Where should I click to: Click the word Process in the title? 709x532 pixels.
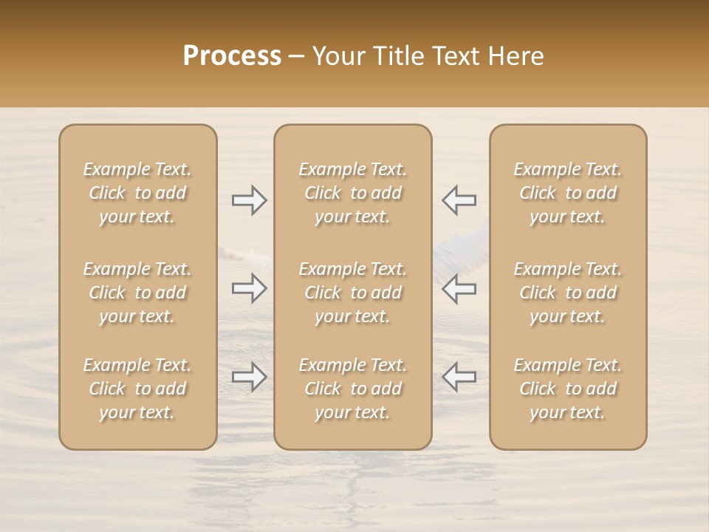click(x=232, y=56)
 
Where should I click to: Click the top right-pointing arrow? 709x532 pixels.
click(x=249, y=200)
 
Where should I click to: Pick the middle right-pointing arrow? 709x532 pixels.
click(x=249, y=288)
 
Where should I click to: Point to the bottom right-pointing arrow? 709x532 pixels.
click(x=249, y=377)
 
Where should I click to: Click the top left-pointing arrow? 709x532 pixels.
click(x=459, y=200)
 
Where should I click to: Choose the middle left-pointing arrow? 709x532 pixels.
click(x=459, y=288)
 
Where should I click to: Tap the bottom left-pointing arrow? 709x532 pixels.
click(x=459, y=377)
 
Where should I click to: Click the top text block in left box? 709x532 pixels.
click(x=137, y=193)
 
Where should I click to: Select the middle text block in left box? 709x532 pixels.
click(x=137, y=293)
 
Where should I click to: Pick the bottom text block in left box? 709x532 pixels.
click(x=137, y=389)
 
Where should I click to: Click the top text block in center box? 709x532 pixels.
click(x=353, y=193)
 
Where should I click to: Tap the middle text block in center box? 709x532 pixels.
click(x=353, y=293)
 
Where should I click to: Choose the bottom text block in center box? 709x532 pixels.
click(x=353, y=389)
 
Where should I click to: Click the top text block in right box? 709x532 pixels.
click(x=568, y=193)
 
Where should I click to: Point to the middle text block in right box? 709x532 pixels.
click(x=568, y=293)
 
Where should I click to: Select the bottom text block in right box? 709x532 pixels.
click(x=568, y=389)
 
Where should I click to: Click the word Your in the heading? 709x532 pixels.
click(x=337, y=56)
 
